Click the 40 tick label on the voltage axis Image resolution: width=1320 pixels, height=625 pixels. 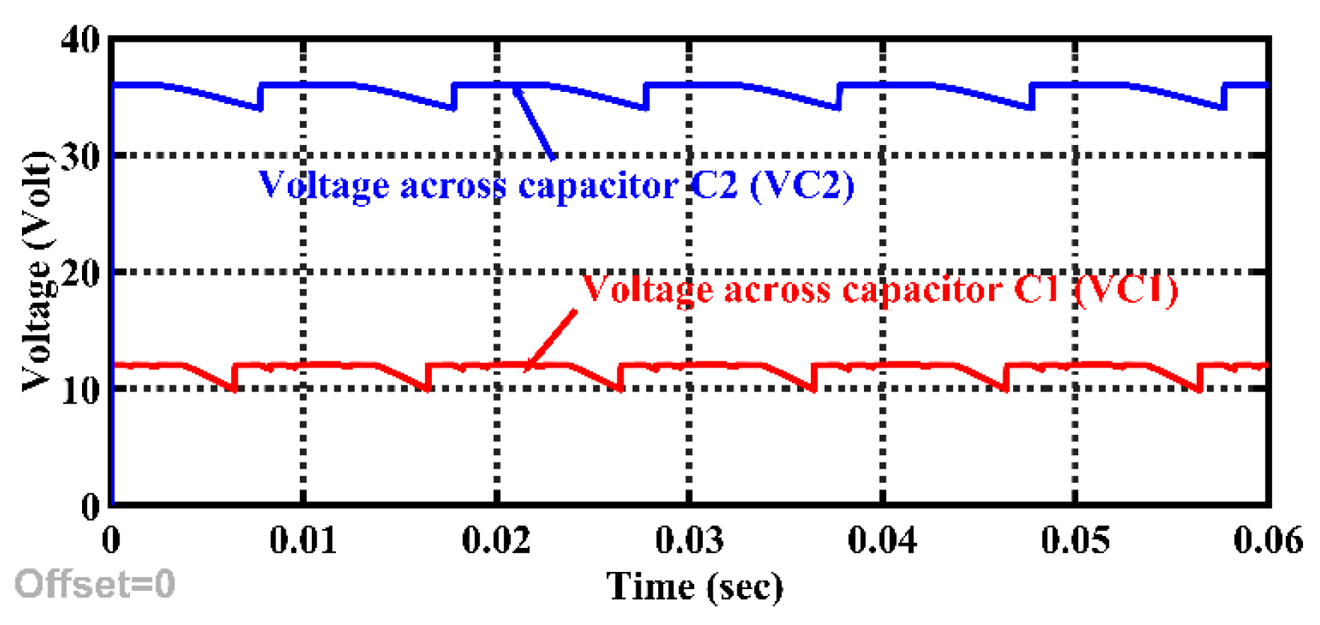tap(81, 40)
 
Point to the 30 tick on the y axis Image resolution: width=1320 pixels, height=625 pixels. tap(81, 157)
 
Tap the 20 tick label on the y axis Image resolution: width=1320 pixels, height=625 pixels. tap(81, 273)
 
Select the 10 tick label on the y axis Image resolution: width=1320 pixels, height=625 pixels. tap(81, 390)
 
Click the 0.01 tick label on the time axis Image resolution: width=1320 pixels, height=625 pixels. tap(303, 541)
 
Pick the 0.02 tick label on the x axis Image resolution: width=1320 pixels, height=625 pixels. tap(496, 541)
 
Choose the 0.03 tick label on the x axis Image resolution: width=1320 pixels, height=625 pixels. tap(689, 541)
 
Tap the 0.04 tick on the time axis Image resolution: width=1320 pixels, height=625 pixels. tap(882, 541)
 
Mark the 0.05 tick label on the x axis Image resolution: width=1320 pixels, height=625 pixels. tap(1075, 541)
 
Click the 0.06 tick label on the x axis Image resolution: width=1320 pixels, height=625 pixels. tap(1268, 541)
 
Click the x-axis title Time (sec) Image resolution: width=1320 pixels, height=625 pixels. tap(695, 587)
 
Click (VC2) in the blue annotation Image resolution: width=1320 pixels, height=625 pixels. tap(802, 185)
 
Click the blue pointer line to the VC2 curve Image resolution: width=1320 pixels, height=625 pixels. tap(534, 122)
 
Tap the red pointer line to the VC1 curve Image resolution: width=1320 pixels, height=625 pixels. tap(551, 339)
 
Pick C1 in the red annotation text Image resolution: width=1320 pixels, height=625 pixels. tap(1036, 288)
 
